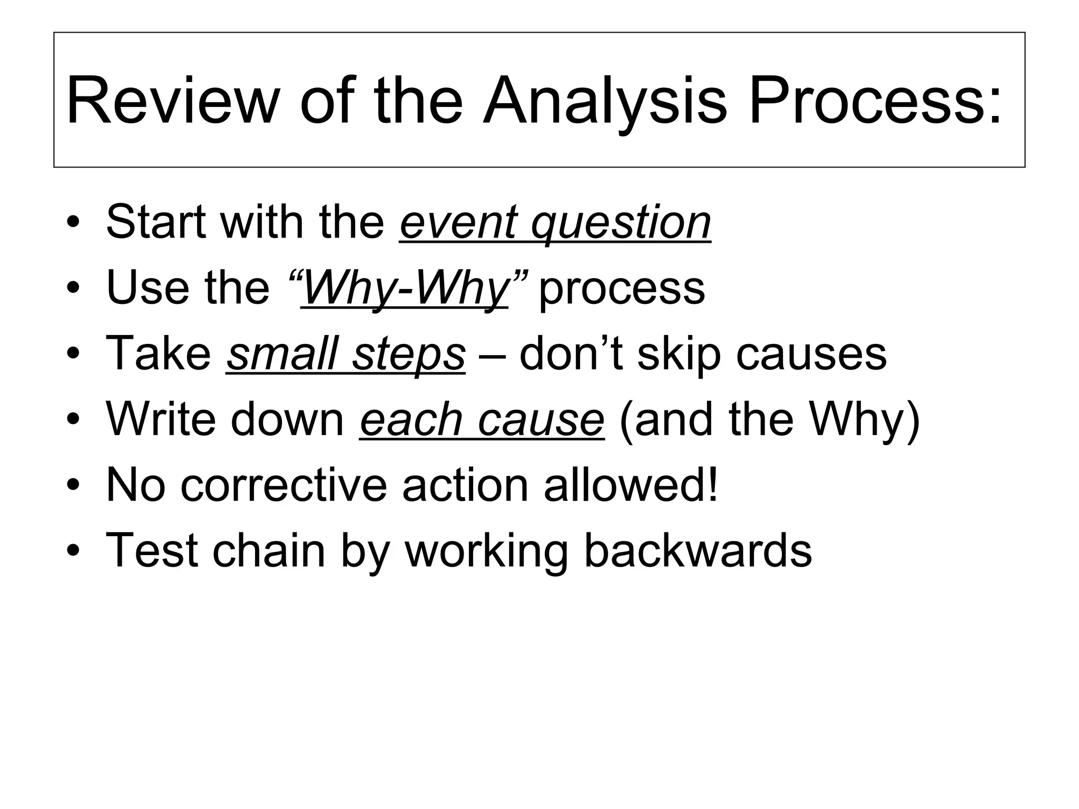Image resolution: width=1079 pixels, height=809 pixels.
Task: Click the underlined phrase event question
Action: coord(555,222)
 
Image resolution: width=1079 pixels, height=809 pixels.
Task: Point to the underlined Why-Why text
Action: coord(405,288)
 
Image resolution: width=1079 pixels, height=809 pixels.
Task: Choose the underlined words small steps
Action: coord(346,354)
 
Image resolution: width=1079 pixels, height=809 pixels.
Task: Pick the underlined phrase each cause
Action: coord(482,420)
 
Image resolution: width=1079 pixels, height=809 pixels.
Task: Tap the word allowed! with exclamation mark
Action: coord(631,485)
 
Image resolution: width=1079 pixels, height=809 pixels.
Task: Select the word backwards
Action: coord(698,551)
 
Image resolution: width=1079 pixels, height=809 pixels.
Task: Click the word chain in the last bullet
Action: coord(269,551)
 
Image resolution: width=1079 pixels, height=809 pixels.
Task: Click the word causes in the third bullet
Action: coord(811,354)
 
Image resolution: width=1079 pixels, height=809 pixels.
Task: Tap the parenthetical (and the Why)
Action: coord(770,420)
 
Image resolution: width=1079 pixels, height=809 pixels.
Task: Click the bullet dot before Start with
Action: coord(73,222)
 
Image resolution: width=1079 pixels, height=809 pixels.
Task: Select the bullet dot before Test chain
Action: coord(73,551)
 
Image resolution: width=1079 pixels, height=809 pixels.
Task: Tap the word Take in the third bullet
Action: coord(159,354)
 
